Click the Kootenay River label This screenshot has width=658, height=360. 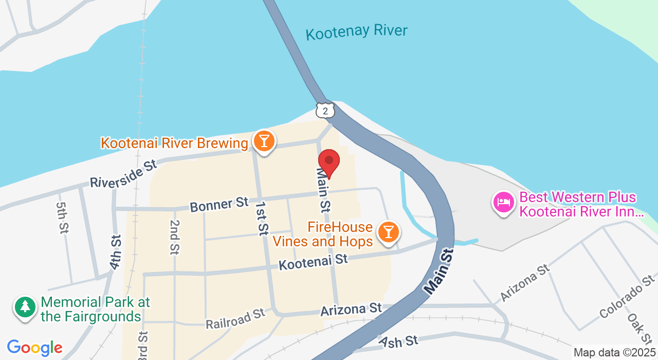click(356, 32)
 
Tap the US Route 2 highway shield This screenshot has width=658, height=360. click(325, 110)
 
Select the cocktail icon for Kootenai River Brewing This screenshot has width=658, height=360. click(264, 140)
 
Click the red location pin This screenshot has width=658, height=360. click(329, 161)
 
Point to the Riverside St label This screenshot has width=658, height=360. click(123, 174)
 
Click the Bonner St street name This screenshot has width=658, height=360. click(219, 204)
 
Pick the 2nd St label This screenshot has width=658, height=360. click(175, 237)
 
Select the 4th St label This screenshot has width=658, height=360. click(115, 252)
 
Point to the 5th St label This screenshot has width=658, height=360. click(62, 218)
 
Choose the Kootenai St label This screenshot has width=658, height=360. click(313, 262)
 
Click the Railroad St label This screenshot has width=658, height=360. click(235, 319)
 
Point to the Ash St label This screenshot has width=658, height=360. click(398, 340)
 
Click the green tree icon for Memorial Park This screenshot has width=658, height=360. click(25, 307)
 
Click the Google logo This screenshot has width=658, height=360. click(34, 348)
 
